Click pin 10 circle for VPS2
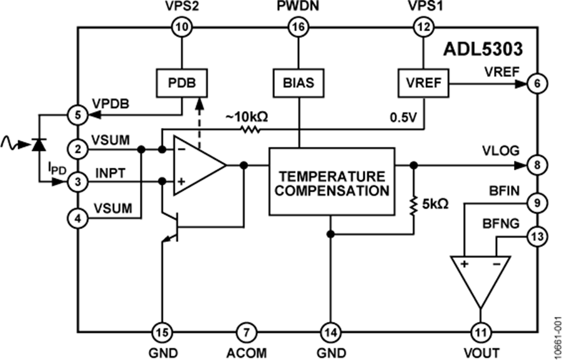coord(181,27)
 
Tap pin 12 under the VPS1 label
coord(422,27)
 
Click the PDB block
coord(181,82)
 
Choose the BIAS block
coord(298,82)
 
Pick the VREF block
coord(422,82)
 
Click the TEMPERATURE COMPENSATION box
coord(332,182)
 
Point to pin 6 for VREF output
coord(535,82)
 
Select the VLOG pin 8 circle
coord(535,166)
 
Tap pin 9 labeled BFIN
coord(535,202)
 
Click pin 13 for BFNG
coord(535,236)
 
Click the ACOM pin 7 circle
coord(246,330)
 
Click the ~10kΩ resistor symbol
coord(249,130)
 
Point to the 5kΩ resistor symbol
coord(413,205)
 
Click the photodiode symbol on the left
coord(39,145)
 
